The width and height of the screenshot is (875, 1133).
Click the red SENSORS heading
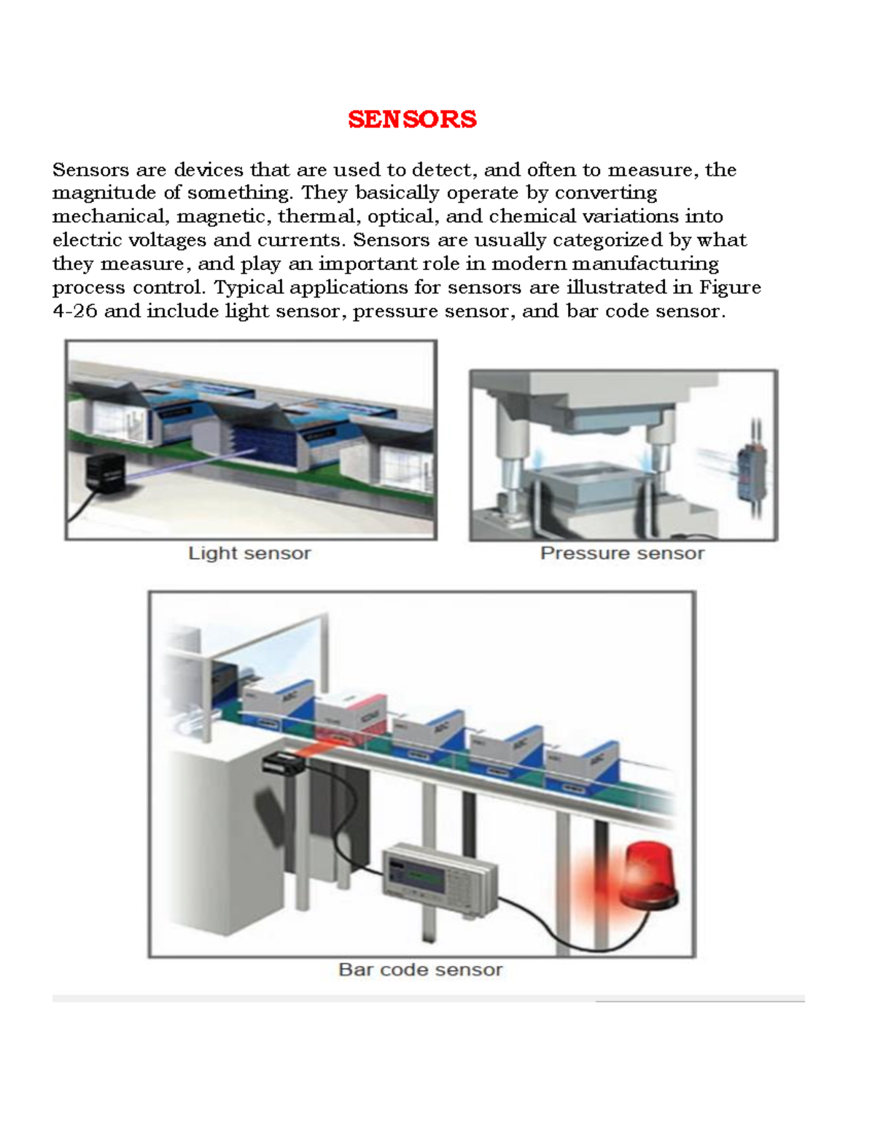412,119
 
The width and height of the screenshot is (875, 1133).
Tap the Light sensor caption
249,553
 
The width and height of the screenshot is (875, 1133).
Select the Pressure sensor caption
622,553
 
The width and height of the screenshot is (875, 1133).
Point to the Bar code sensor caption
421,970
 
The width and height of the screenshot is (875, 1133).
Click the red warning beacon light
645,875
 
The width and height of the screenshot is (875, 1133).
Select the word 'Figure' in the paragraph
730,287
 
